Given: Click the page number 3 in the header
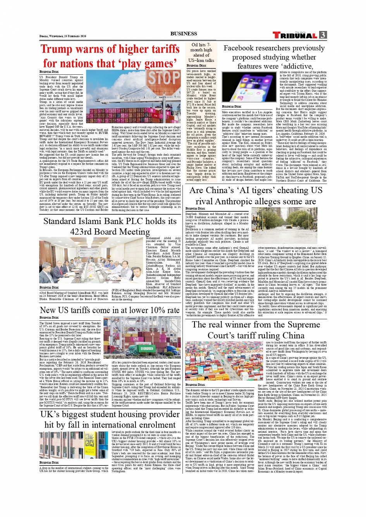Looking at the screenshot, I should tap(323, 35).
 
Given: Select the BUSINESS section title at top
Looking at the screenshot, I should tap(184, 34).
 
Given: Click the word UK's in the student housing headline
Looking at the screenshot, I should tap(50, 414).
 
